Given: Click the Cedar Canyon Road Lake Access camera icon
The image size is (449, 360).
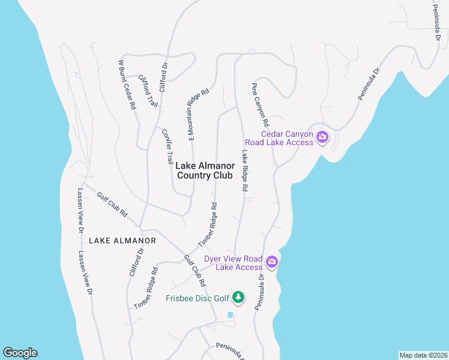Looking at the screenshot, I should tap(322, 137).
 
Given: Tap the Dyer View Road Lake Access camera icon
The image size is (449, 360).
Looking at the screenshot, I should tap(272, 261).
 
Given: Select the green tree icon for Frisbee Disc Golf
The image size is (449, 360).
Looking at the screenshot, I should tap(239, 298).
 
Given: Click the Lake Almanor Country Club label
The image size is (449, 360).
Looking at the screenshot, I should tap(204, 170).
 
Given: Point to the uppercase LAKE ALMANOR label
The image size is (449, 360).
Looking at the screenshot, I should tap(122, 241).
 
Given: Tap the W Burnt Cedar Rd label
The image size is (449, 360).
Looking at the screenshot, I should tap(126, 84).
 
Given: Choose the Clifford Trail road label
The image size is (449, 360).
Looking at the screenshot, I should tap(148, 91).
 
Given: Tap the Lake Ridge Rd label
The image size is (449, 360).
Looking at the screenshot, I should tap(245, 170).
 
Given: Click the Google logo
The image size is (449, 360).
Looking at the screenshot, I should tap(20, 353).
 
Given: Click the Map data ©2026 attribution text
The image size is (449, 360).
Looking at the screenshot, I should tap(423, 355).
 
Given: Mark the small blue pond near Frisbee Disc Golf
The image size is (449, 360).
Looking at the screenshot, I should tap(230, 314).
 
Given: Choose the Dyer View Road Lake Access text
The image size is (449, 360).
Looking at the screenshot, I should tap(233, 263).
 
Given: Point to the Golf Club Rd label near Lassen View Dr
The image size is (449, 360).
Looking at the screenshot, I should tap(113, 204).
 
